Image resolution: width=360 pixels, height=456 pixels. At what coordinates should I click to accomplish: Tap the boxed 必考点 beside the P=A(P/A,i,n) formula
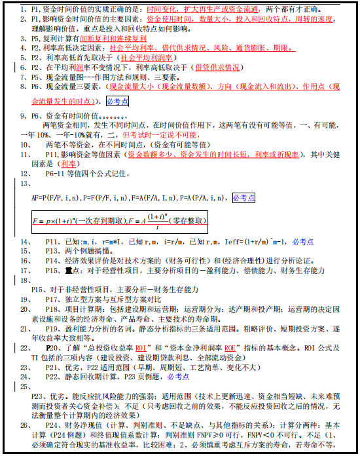(x=244, y=197)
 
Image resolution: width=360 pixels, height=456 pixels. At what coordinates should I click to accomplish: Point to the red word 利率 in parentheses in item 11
(x=69, y=164)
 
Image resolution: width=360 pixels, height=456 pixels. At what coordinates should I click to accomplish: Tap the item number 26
(x=25, y=426)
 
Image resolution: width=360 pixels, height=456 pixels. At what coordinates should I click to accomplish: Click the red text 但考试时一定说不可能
(x=156, y=134)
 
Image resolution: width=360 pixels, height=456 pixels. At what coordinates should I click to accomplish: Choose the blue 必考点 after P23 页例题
(x=178, y=377)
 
